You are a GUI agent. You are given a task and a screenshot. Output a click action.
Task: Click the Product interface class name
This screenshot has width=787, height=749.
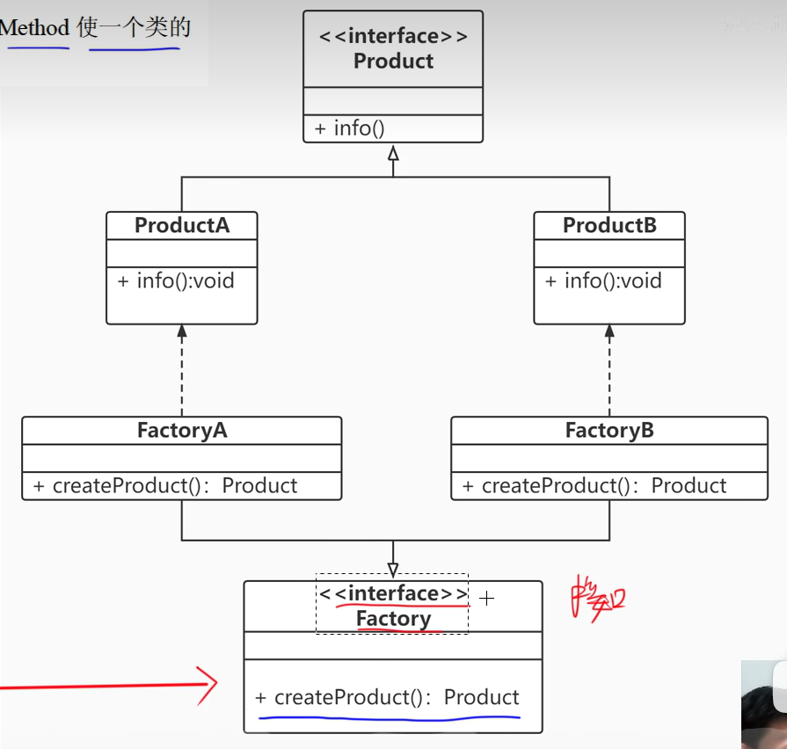(393, 61)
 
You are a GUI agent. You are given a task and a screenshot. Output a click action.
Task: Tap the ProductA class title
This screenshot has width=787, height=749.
(182, 225)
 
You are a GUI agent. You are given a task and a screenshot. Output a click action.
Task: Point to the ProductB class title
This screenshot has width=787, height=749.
(609, 225)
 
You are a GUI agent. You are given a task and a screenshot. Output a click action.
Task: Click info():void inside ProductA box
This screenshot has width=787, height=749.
(177, 281)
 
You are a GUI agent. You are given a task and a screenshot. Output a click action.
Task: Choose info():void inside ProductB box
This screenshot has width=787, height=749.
(604, 281)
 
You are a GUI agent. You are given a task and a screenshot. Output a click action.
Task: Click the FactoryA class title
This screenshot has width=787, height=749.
(182, 431)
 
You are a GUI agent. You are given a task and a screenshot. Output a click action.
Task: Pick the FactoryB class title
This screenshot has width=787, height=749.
(609, 431)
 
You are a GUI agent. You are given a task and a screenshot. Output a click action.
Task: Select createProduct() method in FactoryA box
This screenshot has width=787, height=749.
(166, 486)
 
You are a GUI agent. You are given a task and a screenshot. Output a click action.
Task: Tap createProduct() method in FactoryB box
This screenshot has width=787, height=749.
(595, 486)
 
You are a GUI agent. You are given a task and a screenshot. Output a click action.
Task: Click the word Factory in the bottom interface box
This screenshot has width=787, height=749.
(393, 619)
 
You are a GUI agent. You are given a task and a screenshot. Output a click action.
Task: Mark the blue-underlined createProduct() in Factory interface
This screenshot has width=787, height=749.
(388, 698)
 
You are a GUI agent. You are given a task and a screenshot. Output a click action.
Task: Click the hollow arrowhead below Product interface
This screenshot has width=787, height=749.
(393, 154)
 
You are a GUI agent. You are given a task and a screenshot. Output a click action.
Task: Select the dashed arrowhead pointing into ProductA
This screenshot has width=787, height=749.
(182, 331)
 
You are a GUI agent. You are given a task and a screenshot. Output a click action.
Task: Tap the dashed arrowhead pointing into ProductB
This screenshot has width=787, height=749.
(609, 331)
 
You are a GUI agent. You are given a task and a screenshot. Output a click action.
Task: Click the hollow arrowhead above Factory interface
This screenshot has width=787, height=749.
(393, 570)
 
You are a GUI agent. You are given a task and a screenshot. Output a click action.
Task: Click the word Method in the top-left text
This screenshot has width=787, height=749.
(35, 27)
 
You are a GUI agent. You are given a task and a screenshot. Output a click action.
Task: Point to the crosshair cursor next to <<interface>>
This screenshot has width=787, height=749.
(487, 599)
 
